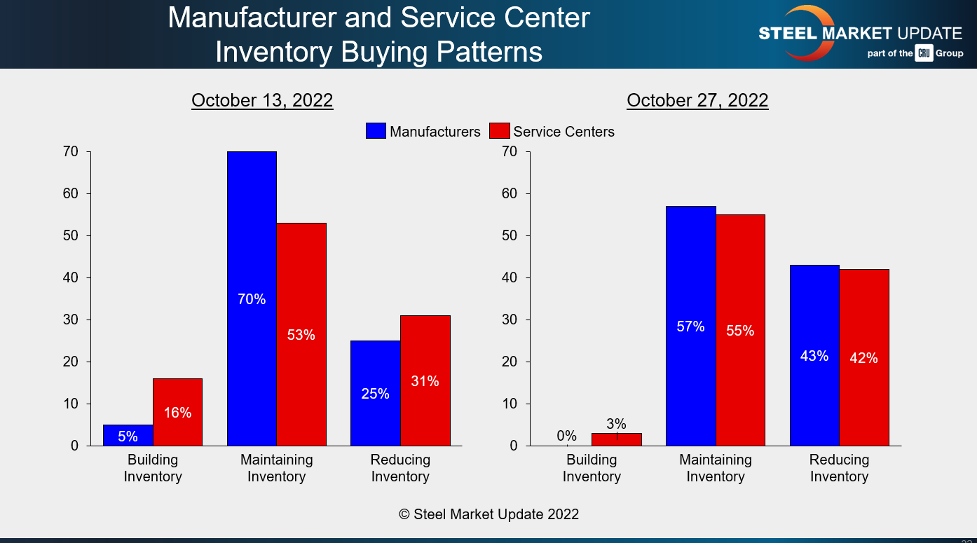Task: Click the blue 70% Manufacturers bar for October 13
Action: tap(252, 298)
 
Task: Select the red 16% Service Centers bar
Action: tap(177, 412)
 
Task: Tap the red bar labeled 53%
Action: tap(301, 334)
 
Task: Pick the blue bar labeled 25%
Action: tap(375, 393)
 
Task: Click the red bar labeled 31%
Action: tap(425, 380)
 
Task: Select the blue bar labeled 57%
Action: tap(690, 326)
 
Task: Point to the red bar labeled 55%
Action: tap(740, 330)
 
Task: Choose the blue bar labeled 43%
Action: tap(814, 355)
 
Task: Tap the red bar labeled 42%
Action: tap(863, 357)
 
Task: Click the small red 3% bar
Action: tap(616, 439)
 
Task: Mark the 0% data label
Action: tap(566, 436)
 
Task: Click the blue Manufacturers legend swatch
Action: tap(376, 131)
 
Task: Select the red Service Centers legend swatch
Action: tap(499, 131)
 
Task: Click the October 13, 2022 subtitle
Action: tap(262, 100)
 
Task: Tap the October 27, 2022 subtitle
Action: tap(697, 100)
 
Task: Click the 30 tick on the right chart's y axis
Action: tap(509, 319)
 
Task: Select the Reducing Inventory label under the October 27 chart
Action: tap(839, 468)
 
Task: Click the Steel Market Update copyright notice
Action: tap(488, 514)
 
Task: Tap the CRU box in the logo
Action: tap(923, 53)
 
